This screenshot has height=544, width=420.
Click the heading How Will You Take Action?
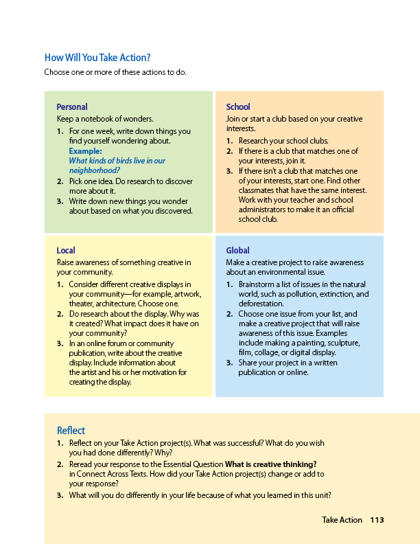[x=97, y=58]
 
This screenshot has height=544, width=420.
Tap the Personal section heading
[x=72, y=107]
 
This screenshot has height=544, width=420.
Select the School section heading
[x=238, y=107]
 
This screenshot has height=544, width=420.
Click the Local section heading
[x=66, y=251]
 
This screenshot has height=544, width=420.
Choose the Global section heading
[x=238, y=251]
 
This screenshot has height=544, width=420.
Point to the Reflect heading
[x=71, y=431]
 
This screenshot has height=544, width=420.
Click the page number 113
[x=377, y=520]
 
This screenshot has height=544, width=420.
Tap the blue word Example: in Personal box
[x=86, y=151]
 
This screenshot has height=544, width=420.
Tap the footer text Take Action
[x=342, y=520]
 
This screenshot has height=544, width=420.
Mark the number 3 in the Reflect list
[x=60, y=496]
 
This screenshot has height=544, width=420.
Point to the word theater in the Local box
[x=82, y=304]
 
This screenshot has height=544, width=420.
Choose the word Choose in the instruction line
[x=57, y=72]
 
